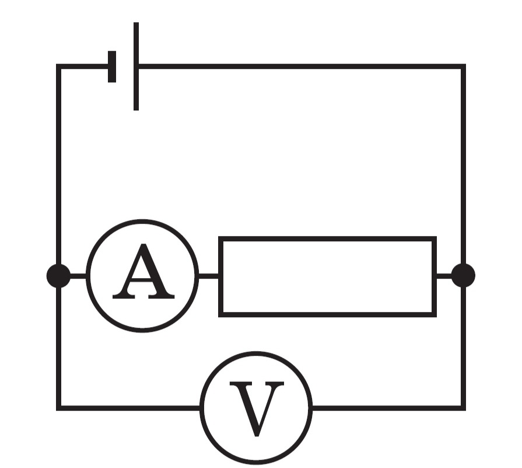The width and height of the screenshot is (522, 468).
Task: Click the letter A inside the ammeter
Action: [143, 271]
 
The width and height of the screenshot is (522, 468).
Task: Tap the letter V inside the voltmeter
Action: [257, 409]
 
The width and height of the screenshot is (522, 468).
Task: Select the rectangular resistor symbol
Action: [327, 276]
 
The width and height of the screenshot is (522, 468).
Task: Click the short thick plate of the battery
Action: [112, 67]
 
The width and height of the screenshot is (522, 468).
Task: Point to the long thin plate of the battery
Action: [136, 67]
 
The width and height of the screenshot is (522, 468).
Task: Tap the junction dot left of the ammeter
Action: [58, 276]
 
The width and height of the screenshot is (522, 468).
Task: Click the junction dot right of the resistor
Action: [463, 276]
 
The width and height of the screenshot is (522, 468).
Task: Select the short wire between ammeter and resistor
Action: [208, 276]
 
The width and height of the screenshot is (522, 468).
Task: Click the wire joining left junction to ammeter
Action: [79, 276]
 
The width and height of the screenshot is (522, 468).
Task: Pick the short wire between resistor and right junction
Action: [444, 276]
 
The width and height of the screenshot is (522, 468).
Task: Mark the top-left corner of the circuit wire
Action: [58, 66]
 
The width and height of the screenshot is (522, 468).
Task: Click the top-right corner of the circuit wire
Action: [463, 66]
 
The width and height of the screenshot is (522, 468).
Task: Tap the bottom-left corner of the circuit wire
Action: [58, 408]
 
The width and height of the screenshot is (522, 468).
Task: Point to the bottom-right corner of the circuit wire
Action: [463, 408]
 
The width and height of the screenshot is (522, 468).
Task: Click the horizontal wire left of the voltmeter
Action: [128, 408]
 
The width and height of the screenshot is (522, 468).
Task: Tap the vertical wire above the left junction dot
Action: [58, 165]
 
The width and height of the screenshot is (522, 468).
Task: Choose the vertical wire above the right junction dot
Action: [463, 165]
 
